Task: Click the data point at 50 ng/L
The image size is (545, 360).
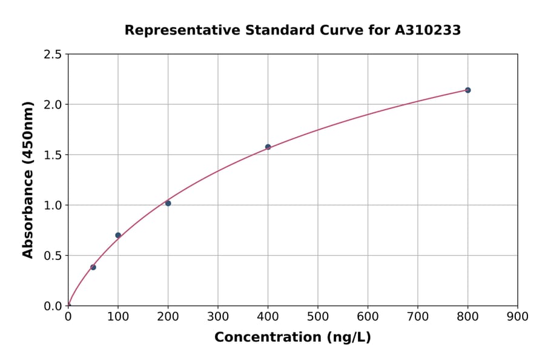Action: click(93, 267)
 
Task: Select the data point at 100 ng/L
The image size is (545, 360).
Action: click(118, 235)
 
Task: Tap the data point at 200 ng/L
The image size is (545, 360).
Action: click(168, 203)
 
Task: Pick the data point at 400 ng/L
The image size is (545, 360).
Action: click(268, 147)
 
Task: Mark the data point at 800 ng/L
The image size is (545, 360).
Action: click(467, 90)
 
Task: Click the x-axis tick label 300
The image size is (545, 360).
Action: click(218, 316)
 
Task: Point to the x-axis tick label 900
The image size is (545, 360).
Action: click(517, 316)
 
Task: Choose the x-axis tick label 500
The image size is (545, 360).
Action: click(318, 316)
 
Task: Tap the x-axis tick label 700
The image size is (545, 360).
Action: click(418, 316)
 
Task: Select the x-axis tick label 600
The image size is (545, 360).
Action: click(368, 316)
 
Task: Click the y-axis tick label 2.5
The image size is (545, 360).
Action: click(53, 55)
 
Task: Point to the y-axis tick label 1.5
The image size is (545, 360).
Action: click(53, 155)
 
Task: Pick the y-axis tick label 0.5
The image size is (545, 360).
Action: click(53, 256)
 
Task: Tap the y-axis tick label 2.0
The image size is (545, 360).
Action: click(53, 105)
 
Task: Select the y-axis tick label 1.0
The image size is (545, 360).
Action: click(53, 205)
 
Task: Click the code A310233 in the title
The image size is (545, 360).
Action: click(428, 30)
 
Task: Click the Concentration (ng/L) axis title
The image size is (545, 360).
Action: click(292, 338)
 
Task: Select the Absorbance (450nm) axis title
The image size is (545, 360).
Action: click(28, 179)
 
